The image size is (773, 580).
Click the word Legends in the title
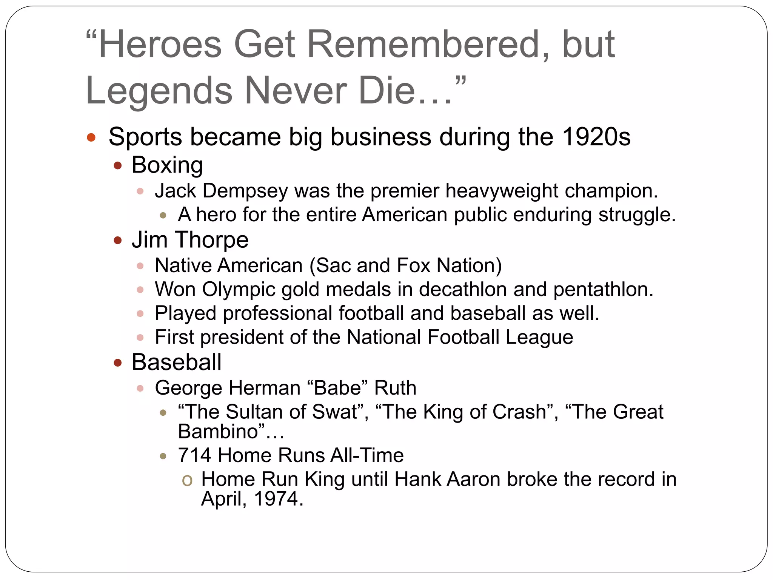[x=159, y=91]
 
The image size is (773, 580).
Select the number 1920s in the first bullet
[x=596, y=137]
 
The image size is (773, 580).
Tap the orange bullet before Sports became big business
[x=91, y=137]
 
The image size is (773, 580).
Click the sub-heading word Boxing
[x=167, y=165]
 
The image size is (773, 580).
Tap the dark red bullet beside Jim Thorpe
[x=118, y=241]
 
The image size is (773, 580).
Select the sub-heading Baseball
[x=176, y=362]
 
